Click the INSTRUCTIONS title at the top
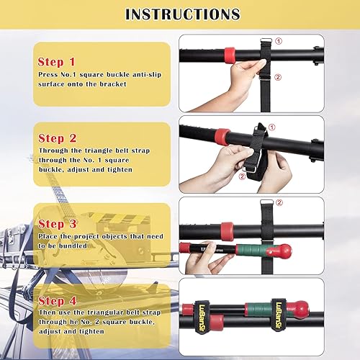tap(182, 14)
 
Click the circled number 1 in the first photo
tap(279, 41)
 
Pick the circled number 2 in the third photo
tap(279, 204)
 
